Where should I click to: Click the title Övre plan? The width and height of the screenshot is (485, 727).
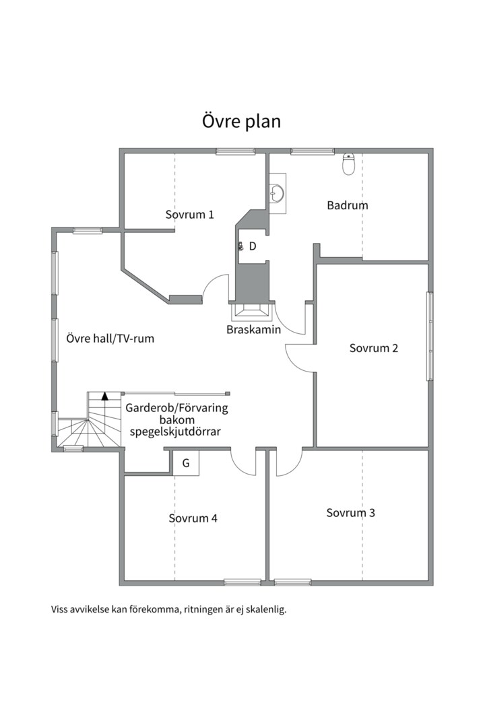241,121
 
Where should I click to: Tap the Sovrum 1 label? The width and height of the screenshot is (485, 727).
190,215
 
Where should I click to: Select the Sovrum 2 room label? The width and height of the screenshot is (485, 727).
374,348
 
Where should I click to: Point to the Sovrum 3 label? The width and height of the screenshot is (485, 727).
350,513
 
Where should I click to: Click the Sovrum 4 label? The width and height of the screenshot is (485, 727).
193,518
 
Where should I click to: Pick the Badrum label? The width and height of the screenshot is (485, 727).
348,205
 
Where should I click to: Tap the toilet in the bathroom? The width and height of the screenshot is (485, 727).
348,164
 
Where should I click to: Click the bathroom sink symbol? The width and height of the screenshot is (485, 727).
278,193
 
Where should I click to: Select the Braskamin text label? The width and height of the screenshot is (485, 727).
254,330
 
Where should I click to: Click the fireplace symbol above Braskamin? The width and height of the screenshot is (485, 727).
252,312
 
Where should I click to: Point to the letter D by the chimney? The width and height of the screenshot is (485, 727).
253,246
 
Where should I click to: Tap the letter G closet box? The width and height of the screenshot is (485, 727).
186,463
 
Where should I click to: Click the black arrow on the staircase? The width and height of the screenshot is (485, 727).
105,396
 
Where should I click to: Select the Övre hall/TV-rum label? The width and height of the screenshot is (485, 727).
110,339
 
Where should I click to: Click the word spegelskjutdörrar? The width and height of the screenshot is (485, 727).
175,431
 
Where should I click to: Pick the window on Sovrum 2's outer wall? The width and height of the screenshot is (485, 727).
430,336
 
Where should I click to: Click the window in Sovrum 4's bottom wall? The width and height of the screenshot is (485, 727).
243,582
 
